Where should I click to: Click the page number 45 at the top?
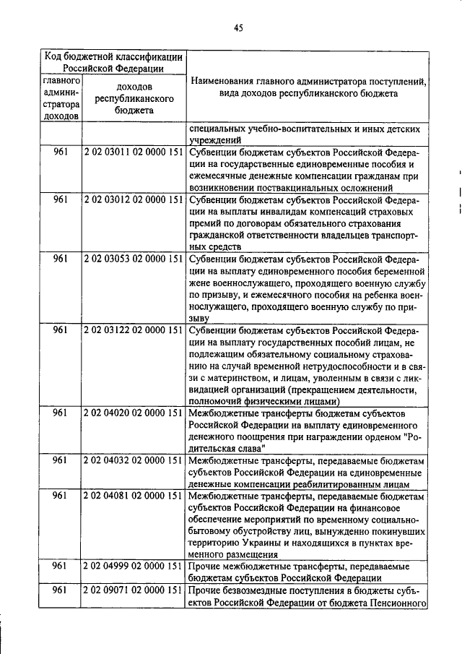pyautogui.click(x=238, y=28)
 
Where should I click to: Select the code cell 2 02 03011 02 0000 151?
pyautogui.click(x=134, y=154)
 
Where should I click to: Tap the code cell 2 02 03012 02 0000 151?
pyautogui.click(x=134, y=200)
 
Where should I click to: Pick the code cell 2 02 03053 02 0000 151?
pyautogui.click(x=134, y=259)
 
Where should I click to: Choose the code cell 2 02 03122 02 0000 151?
pyautogui.click(x=134, y=330)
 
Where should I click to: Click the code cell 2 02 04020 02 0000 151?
pyautogui.click(x=134, y=413)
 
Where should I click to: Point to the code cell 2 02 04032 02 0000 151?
pyautogui.click(x=134, y=460)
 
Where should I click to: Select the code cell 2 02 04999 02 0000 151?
pyautogui.click(x=134, y=566)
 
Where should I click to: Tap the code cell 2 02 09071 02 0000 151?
pyautogui.click(x=134, y=590)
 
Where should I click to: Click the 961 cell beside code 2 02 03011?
pyautogui.click(x=61, y=154)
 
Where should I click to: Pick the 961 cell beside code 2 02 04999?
pyautogui.click(x=61, y=566)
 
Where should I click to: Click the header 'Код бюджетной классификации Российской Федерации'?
pyautogui.click(x=113, y=61)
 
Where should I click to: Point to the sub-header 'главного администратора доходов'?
pyautogui.click(x=61, y=98)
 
